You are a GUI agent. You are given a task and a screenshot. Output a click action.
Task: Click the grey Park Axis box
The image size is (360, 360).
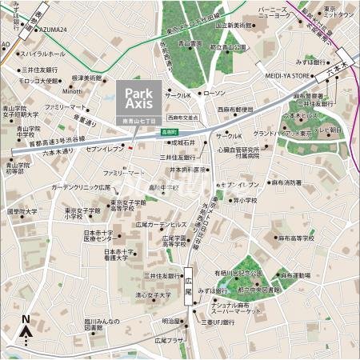point(138,98)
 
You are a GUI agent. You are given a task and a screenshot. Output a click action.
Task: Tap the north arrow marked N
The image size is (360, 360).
point(26,328)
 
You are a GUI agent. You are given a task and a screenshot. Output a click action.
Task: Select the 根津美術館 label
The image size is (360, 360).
point(86,78)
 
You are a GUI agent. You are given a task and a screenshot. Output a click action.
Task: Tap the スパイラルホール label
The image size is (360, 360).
point(43,54)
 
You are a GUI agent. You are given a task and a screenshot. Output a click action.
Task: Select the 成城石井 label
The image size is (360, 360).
point(183,142)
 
